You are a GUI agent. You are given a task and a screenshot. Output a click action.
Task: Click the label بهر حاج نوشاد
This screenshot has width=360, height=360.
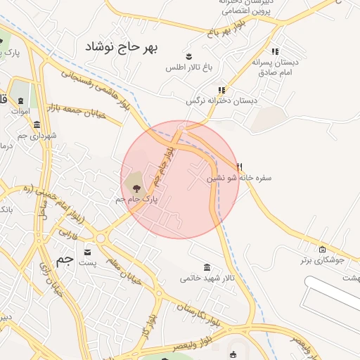(122, 47)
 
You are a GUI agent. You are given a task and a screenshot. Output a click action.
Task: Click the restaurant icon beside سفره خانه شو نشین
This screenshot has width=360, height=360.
(240, 167)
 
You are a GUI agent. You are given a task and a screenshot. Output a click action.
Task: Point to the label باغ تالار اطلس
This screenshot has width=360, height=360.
(188, 68)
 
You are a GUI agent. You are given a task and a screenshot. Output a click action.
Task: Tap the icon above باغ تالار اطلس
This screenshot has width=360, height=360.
(188, 56)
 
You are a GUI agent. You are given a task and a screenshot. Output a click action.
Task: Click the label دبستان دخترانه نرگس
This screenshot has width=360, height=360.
(221, 101)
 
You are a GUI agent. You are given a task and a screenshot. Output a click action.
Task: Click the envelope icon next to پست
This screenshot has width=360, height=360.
(87, 252)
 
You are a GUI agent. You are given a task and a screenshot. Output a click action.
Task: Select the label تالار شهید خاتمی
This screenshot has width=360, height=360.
(207, 279)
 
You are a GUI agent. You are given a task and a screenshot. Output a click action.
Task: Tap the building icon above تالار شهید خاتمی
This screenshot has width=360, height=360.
(207, 267)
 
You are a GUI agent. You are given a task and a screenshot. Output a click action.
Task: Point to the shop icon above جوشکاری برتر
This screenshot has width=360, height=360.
(322, 249)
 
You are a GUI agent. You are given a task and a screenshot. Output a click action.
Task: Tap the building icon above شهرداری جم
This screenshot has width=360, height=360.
(37, 124)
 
